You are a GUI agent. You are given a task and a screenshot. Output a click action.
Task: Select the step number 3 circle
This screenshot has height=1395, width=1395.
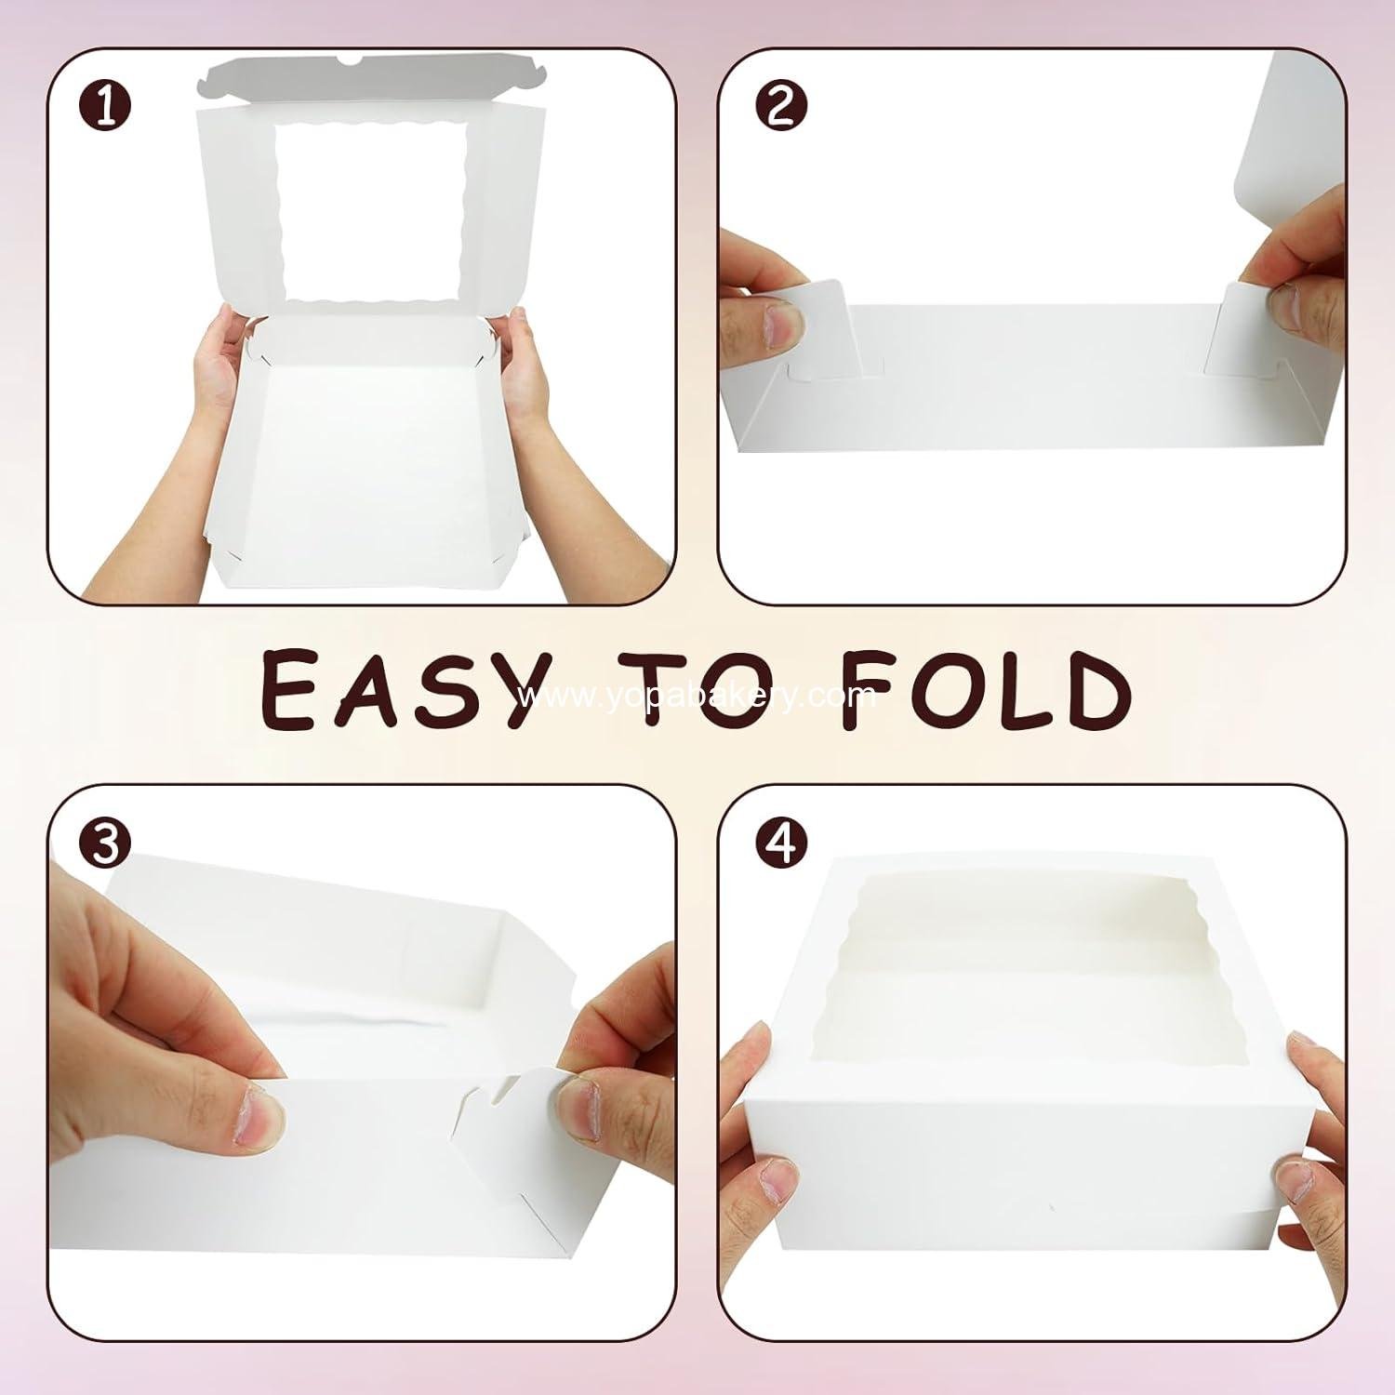(106, 844)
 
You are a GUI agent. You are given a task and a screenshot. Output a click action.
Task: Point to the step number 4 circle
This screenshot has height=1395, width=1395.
(780, 844)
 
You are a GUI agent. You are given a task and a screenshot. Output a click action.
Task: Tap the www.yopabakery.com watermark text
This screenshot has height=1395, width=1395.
(697, 696)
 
